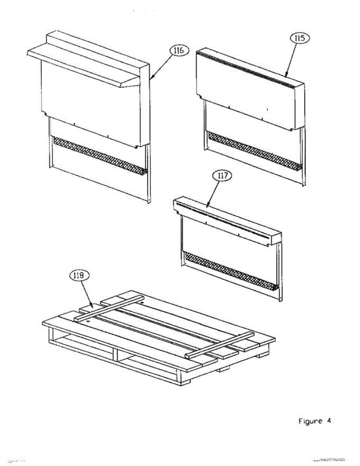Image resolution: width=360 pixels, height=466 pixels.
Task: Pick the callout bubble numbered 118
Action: [79, 275]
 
